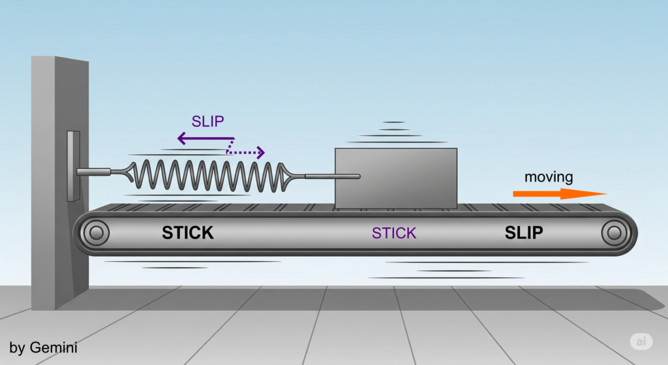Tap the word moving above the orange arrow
(x=549, y=176)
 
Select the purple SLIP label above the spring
(x=208, y=121)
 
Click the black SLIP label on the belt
(x=524, y=232)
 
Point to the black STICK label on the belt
(x=188, y=232)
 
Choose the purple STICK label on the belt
(x=393, y=233)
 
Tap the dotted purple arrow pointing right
(x=247, y=153)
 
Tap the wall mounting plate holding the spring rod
(x=73, y=166)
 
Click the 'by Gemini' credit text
(x=44, y=348)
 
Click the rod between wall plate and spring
(x=95, y=172)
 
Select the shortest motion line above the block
(x=394, y=122)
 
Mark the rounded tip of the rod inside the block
(x=357, y=176)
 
